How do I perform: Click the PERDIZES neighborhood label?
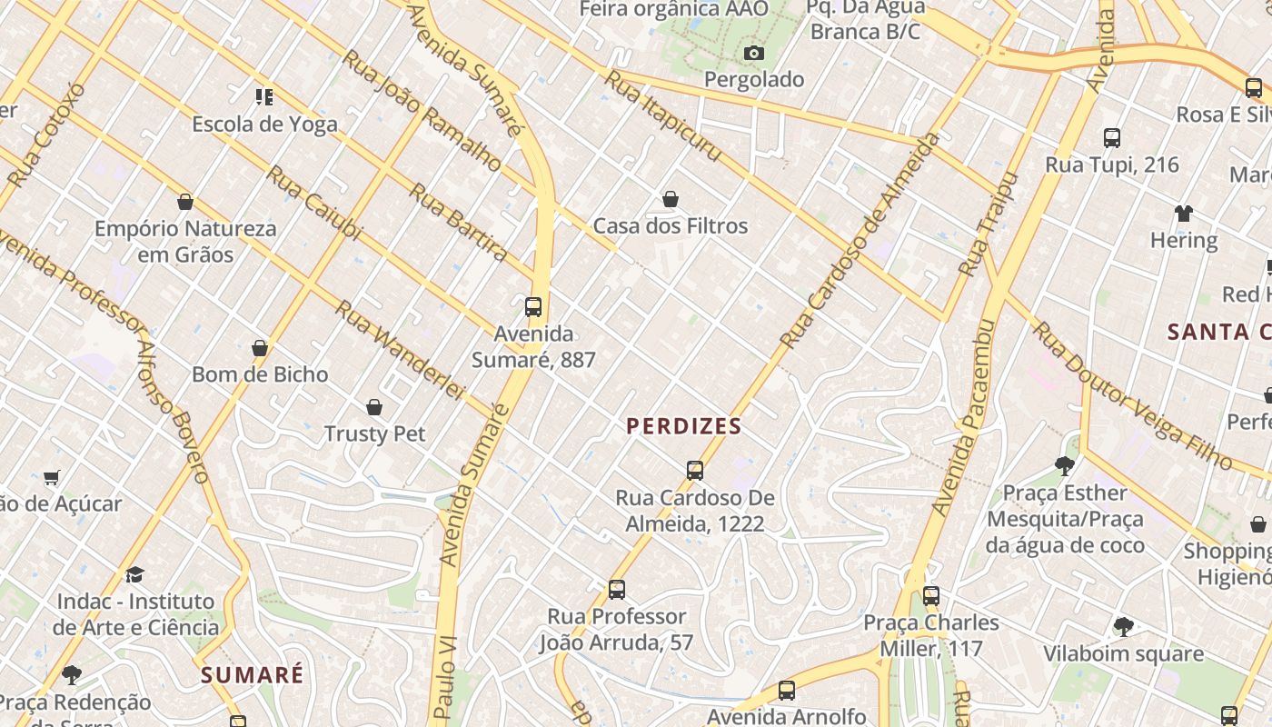683,425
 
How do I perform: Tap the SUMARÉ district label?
253,675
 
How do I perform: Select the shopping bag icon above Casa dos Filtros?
671,199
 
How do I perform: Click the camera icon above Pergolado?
753,54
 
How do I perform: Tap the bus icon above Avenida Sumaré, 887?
533,307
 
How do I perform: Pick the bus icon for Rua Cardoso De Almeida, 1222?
695,471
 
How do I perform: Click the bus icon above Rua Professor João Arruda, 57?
617,590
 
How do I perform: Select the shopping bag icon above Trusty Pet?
374,407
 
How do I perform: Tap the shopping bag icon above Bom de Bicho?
260,348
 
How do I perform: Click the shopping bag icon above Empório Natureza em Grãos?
185,202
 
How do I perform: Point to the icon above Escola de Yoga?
264,96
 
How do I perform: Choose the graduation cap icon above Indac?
135,574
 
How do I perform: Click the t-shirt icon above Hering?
1183,214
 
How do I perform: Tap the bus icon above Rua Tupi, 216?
1112,138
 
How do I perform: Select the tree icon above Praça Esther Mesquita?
1065,466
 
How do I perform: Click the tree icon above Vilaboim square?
1123,627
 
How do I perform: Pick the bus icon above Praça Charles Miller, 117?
931,596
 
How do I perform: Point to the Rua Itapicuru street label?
663,116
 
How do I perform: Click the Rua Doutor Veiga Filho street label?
1132,396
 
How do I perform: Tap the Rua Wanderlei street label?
400,350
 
